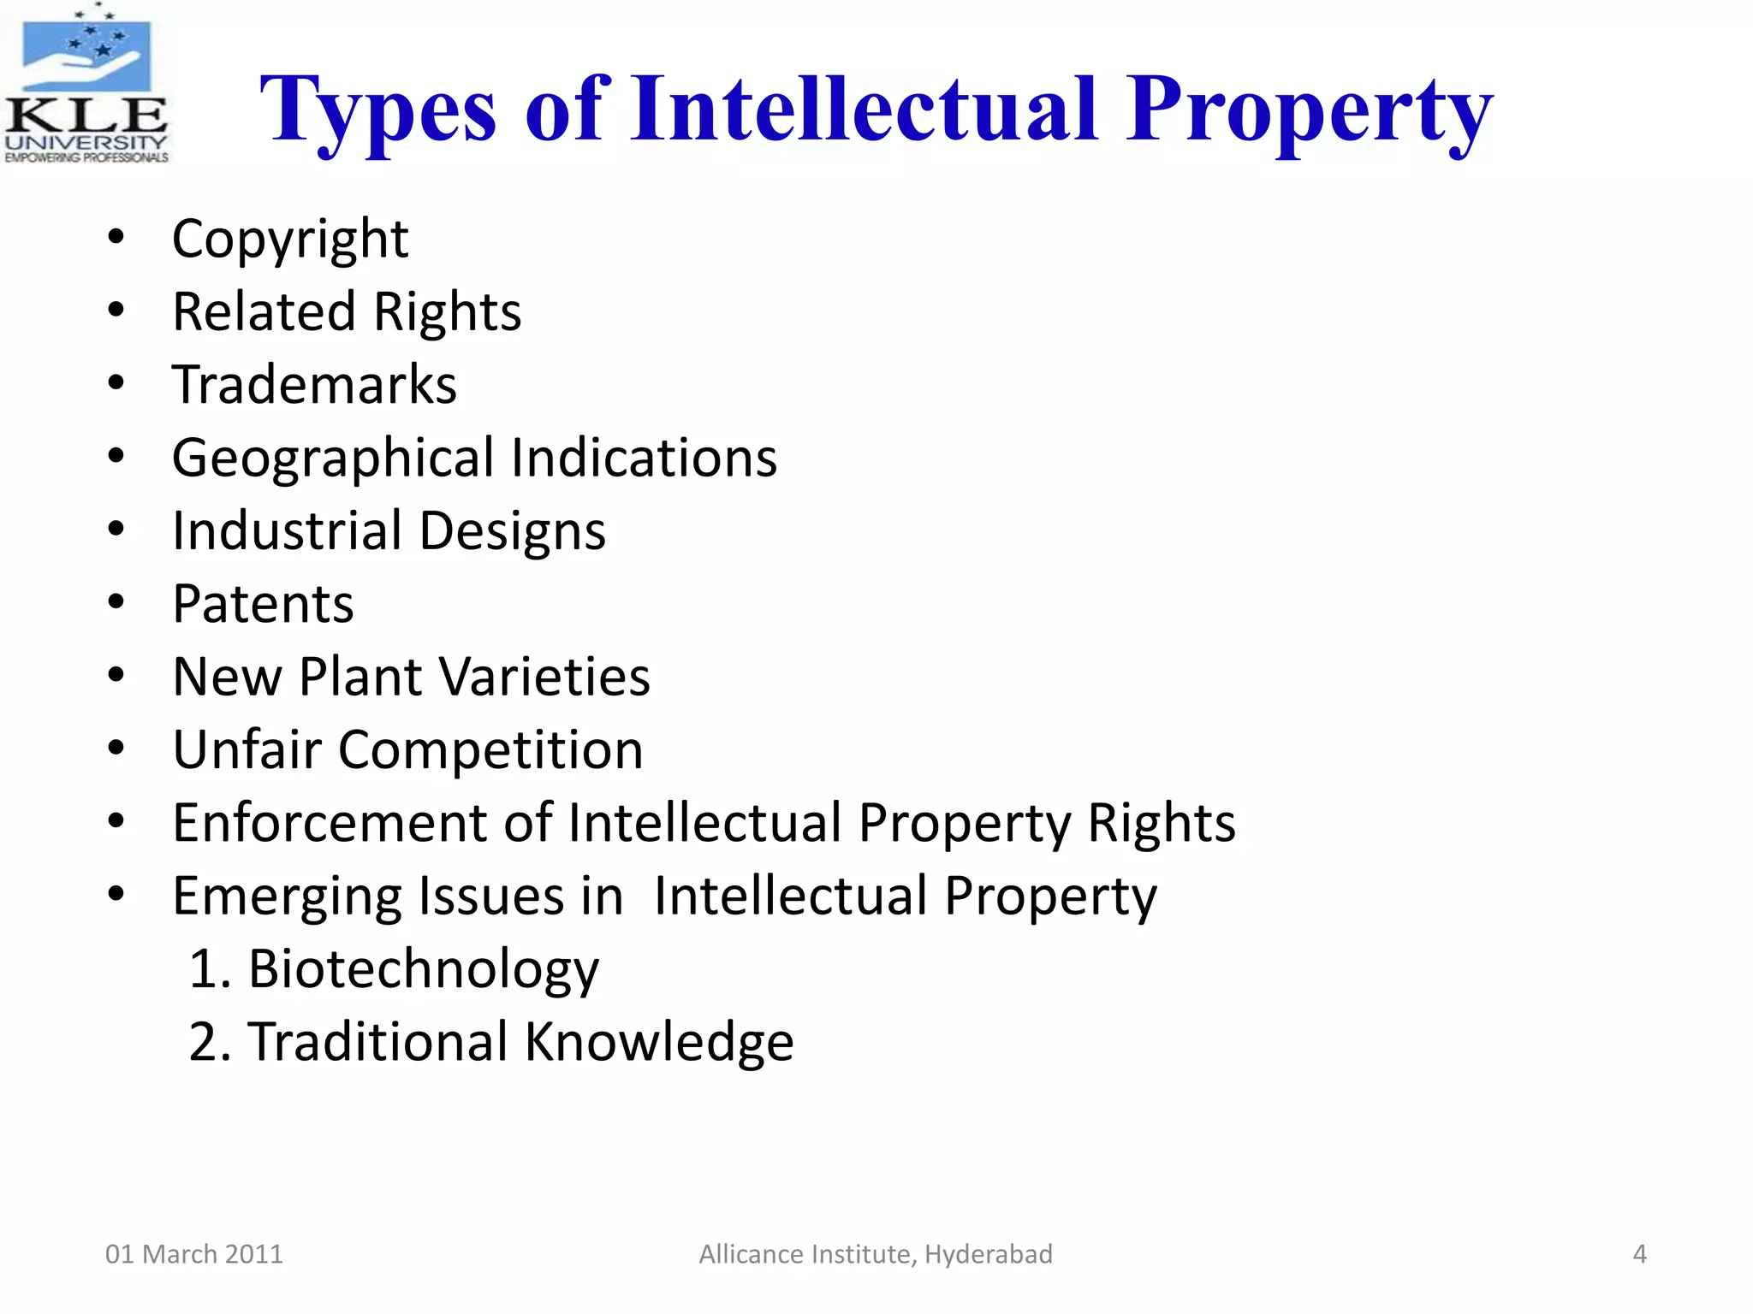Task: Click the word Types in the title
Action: tap(377, 111)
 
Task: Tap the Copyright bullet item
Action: tap(290, 239)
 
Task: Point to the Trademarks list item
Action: tap(314, 385)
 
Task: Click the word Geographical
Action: tap(333, 459)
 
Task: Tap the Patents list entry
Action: tap(263, 604)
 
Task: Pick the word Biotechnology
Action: tap(423, 970)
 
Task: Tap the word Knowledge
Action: tap(658, 1043)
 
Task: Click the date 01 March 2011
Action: tap(193, 1254)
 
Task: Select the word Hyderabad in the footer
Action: tap(989, 1254)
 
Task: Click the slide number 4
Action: tap(1639, 1254)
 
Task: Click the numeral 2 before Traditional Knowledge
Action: tap(206, 1043)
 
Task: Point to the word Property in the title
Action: tap(1309, 111)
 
